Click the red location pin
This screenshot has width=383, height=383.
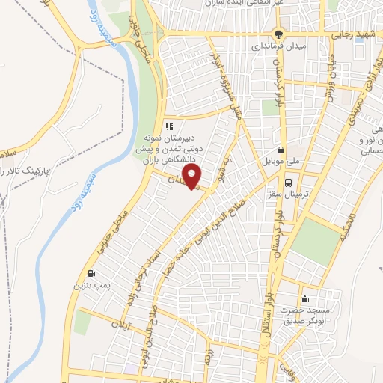coord(193,177)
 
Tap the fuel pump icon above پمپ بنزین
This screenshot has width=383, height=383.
coord(91,273)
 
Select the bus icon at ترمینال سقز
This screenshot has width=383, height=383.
coord(288,181)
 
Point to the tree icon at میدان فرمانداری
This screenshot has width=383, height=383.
coord(280,34)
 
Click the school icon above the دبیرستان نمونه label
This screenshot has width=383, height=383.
coord(169,126)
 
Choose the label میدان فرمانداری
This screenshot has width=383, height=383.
coord(279,47)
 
